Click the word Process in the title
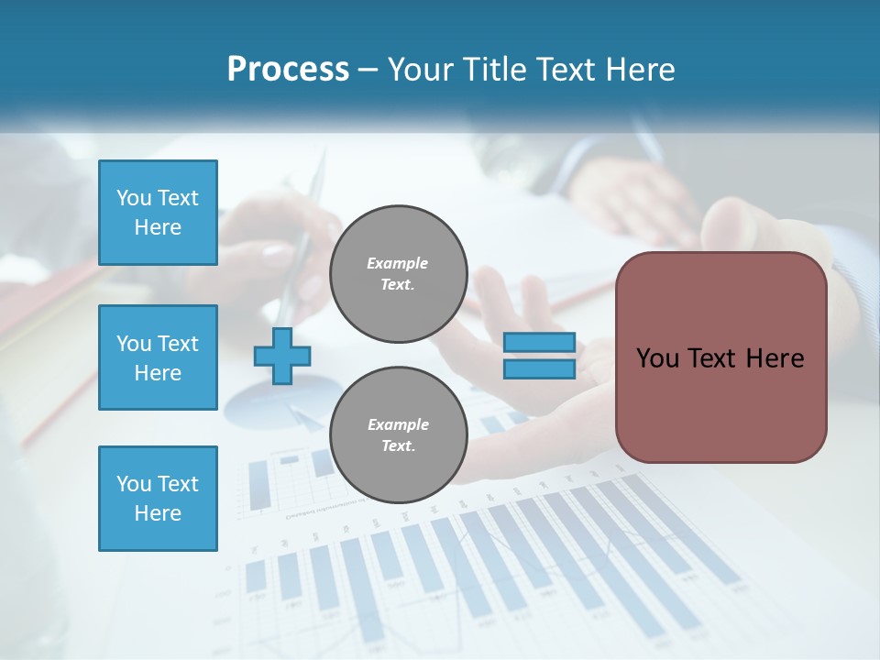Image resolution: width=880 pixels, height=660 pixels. [288, 70]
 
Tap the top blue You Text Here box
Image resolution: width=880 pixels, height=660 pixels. [158, 212]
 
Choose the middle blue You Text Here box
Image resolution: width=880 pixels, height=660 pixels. [158, 357]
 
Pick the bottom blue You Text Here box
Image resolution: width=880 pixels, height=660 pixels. [158, 498]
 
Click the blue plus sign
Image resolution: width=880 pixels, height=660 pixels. [282, 356]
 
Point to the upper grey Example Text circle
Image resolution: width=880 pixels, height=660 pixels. [398, 274]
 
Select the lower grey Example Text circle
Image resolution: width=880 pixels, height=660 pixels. [398, 435]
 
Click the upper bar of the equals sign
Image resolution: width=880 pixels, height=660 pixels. [539, 343]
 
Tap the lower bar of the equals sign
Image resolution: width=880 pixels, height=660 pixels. [539, 368]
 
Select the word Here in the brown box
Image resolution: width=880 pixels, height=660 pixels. [775, 358]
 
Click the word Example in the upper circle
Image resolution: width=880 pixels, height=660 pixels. [398, 264]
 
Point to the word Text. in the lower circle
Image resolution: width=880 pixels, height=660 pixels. [398, 446]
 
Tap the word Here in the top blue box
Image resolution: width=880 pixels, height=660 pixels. [158, 227]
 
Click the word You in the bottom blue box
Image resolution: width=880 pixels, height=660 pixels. [134, 484]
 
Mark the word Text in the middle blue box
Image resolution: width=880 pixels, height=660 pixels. [178, 344]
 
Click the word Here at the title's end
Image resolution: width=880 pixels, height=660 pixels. [639, 70]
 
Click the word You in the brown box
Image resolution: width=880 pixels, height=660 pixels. [657, 358]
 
